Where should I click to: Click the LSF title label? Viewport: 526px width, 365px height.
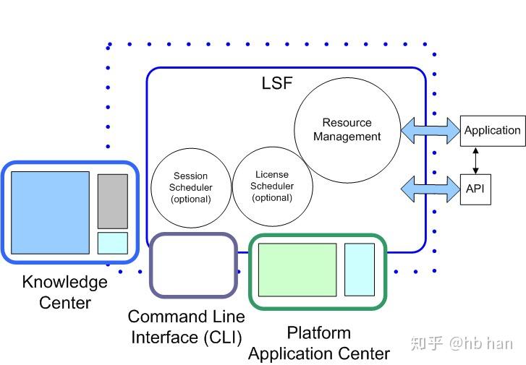(x=277, y=83)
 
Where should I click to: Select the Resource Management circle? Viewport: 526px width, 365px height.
(x=347, y=130)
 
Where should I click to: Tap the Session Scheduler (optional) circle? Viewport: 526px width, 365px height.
(x=190, y=187)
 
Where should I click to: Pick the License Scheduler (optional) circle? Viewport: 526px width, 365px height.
(x=272, y=186)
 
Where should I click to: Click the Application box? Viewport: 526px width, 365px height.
(x=492, y=131)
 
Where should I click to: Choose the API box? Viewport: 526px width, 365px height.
(x=475, y=189)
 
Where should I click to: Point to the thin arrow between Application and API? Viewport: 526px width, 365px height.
(x=475, y=160)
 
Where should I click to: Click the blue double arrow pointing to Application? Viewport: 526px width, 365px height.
(x=430, y=131)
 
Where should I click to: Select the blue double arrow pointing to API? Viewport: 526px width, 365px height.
(x=430, y=189)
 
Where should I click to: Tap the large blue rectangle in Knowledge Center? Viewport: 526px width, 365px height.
(x=50, y=212)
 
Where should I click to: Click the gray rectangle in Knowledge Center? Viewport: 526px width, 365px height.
(x=112, y=201)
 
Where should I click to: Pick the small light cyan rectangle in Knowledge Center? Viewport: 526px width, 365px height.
(x=112, y=243)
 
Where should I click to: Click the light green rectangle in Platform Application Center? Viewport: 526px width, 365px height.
(x=297, y=270)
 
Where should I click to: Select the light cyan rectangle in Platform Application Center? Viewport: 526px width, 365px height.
(x=359, y=270)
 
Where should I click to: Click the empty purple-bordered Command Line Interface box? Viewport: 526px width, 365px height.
(x=193, y=265)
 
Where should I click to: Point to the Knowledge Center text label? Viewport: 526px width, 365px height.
(x=64, y=292)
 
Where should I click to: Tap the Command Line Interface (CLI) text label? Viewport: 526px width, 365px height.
(x=186, y=327)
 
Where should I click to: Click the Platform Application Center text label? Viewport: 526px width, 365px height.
(x=318, y=343)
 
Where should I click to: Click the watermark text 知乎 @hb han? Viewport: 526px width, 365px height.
(x=461, y=343)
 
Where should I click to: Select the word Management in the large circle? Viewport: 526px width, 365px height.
(x=347, y=137)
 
